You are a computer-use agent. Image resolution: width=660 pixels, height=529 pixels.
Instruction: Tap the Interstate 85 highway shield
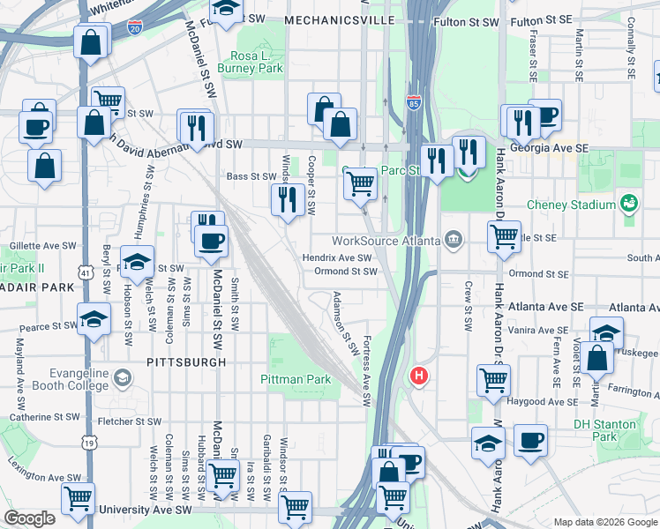(414, 102)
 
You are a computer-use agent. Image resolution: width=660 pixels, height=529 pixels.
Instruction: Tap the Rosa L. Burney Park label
(257, 61)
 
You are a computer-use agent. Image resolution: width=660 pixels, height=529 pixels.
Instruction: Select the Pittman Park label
(295, 379)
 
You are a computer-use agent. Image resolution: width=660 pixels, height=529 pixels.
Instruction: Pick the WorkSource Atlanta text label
(386, 241)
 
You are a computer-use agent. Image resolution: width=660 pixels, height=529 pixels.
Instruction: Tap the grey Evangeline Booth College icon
(123, 378)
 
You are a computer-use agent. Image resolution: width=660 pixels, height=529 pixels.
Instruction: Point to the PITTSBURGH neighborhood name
(186, 361)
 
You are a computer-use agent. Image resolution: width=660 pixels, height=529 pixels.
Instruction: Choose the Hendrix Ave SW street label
(337, 257)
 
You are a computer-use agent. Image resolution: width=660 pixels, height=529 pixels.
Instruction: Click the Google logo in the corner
(30, 518)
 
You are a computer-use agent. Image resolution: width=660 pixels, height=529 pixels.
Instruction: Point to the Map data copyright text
(604, 521)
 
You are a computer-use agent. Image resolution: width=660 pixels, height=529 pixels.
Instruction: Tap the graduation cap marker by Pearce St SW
(94, 320)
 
